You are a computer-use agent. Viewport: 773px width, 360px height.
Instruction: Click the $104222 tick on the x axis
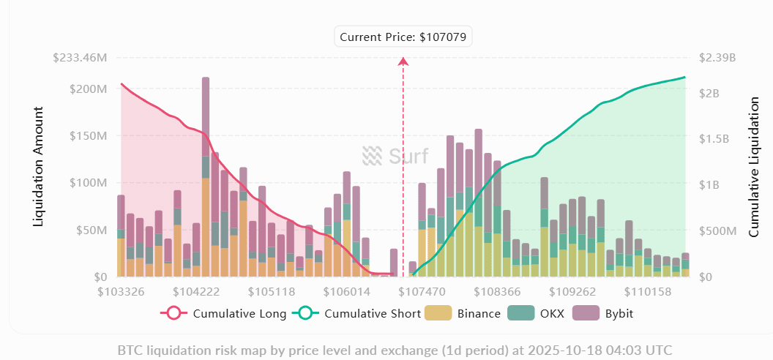(197, 291)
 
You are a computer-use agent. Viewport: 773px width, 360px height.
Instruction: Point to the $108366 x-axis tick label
(497, 291)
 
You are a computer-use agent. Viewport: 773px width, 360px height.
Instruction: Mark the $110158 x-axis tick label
(648, 291)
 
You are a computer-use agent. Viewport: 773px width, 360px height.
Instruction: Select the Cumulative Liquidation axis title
(754, 167)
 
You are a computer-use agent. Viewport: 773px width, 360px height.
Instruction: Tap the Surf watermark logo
(395, 156)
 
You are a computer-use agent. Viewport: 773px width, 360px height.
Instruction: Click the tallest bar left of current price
(206, 176)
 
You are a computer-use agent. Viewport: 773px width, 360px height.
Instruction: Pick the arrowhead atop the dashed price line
(403, 61)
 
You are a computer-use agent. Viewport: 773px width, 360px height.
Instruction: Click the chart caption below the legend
(395, 350)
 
